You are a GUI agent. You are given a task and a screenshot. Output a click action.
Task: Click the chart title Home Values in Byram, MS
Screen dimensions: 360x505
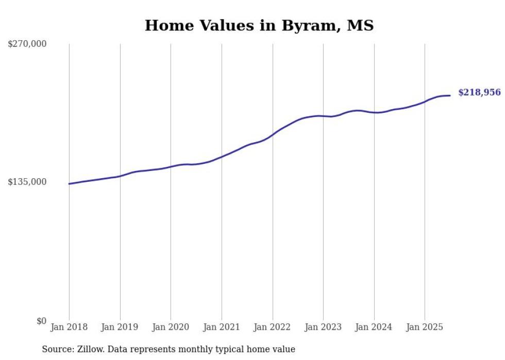(259, 25)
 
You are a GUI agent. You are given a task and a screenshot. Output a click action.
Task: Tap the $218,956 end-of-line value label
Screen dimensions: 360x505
(479, 93)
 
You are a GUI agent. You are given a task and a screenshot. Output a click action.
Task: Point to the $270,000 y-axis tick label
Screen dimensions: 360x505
(27, 44)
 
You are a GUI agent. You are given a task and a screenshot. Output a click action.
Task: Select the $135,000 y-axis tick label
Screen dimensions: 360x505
(27, 182)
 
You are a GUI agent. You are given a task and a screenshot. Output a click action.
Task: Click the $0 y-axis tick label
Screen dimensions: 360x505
(41, 321)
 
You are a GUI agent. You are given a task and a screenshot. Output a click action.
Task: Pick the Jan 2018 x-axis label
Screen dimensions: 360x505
(69, 327)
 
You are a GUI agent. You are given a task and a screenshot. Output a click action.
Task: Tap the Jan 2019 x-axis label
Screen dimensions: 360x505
(120, 327)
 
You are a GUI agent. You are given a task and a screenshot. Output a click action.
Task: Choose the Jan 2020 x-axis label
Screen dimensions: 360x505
(171, 327)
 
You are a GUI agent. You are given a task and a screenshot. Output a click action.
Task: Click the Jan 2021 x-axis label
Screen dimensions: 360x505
(222, 327)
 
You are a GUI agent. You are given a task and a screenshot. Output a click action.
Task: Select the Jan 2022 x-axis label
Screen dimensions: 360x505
(273, 327)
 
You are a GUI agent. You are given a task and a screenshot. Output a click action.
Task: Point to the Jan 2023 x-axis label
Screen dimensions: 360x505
(323, 327)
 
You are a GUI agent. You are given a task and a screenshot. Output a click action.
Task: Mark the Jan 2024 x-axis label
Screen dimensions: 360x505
(374, 327)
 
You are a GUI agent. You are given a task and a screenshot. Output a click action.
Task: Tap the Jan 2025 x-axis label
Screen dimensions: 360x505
(425, 327)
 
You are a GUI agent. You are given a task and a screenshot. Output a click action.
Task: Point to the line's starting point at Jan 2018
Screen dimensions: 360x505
(69, 184)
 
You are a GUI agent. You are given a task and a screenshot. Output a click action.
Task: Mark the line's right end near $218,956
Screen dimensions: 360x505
(450, 95)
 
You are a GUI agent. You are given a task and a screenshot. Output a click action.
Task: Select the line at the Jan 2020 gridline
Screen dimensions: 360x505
(171, 166)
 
